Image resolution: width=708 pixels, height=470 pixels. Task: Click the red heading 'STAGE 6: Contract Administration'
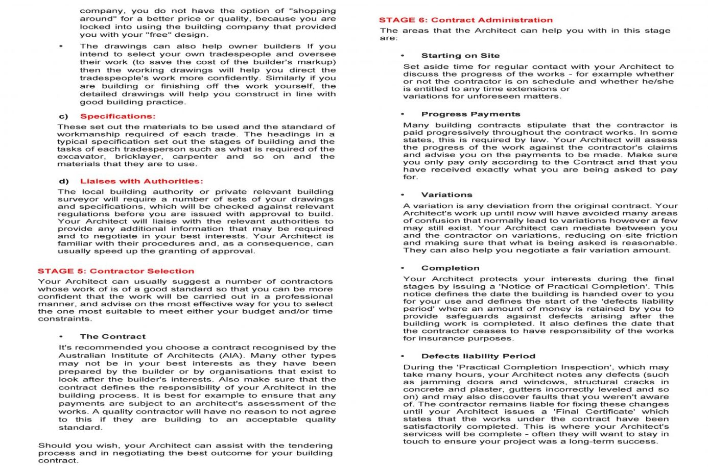click(465, 20)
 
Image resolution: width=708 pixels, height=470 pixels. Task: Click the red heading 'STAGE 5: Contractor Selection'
click(116, 271)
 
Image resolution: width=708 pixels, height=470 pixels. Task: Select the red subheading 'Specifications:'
click(117, 116)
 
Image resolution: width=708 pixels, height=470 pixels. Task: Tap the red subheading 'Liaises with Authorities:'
click(141, 181)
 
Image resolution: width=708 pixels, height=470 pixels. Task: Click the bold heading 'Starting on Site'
click(460, 56)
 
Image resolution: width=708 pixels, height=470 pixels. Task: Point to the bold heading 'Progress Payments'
click(470, 114)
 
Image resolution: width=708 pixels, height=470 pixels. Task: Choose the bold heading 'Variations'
click(446, 195)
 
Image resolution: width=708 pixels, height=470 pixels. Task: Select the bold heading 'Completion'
click(450, 268)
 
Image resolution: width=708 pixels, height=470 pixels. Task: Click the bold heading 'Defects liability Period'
click(478, 356)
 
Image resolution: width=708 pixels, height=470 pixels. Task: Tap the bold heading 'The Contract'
click(112, 337)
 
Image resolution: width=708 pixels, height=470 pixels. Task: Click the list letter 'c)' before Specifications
click(64, 116)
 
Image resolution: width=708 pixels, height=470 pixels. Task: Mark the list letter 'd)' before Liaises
click(64, 181)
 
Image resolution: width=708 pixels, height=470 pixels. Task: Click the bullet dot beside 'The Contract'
click(61, 337)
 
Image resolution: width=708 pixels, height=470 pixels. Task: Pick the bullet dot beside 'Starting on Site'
click(403, 56)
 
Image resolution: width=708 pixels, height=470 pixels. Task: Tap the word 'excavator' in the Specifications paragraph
click(81, 157)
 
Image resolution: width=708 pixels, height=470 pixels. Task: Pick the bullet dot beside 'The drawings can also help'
click(61, 46)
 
